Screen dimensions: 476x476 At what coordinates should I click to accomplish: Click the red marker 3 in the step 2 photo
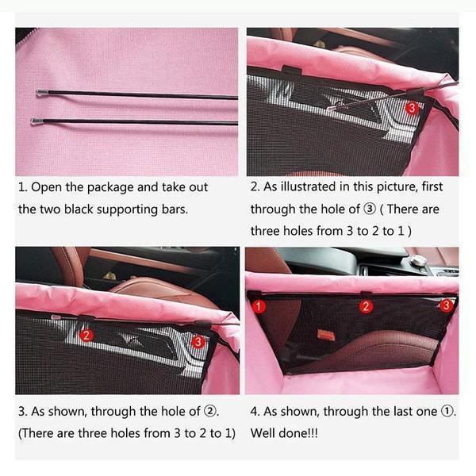412,108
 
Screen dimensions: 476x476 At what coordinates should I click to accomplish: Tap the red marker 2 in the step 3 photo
86,336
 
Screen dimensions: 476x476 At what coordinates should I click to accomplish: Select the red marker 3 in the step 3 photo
198,342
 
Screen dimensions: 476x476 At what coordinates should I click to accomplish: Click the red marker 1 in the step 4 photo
259,306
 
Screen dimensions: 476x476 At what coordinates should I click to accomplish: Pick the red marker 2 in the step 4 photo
366,306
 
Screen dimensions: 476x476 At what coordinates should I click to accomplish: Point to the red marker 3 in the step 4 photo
446,305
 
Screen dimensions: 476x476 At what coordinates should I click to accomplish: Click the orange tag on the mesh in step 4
326,335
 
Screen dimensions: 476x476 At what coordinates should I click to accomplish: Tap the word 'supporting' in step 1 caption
127,210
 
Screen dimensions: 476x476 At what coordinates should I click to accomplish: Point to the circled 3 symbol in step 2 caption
370,209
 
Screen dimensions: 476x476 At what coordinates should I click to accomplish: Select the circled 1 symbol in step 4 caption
447,411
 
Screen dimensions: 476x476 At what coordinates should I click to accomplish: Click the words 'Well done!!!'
284,433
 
